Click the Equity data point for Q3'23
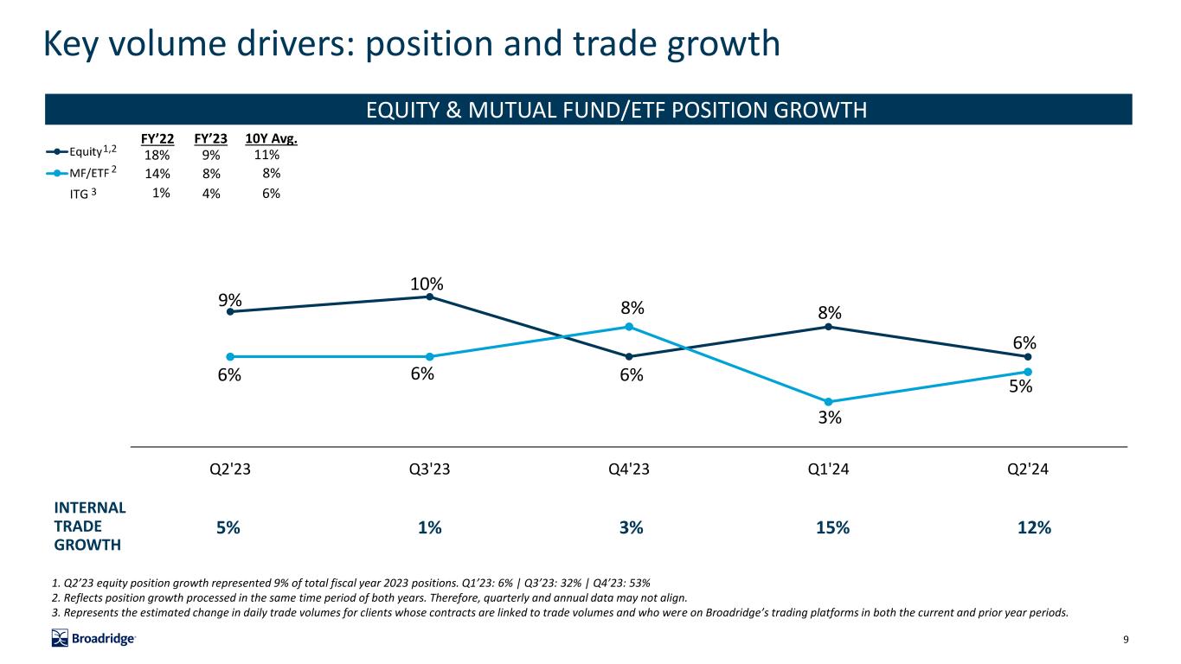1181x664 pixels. [x=429, y=297]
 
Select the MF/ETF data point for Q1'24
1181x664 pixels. [x=829, y=401]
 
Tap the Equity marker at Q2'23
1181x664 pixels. [x=230, y=311]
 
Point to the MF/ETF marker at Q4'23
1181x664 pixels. [x=629, y=326]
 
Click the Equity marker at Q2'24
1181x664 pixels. [x=1028, y=356]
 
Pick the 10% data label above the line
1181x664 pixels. [x=427, y=284]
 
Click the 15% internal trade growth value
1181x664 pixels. [x=829, y=528]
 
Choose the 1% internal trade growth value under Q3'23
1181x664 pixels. [x=429, y=528]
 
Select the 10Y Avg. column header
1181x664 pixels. [x=272, y=138]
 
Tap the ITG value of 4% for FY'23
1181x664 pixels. [x=210, y=195]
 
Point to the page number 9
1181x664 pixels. [x=1126, y=640]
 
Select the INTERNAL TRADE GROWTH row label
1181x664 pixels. [x=89, y=527]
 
